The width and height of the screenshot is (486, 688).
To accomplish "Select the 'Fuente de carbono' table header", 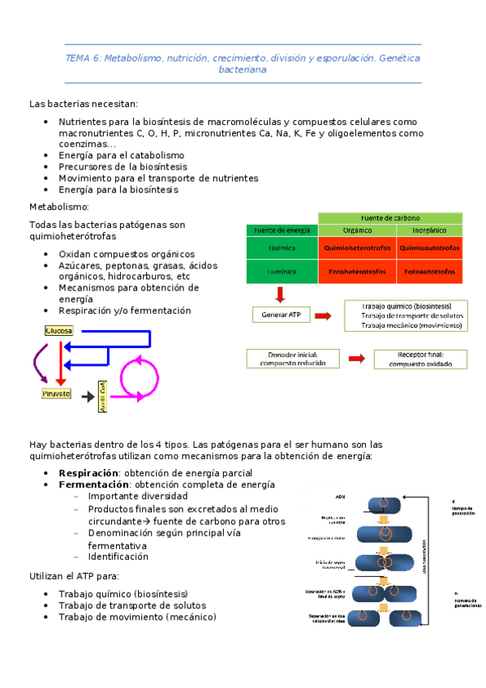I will pos(390,217).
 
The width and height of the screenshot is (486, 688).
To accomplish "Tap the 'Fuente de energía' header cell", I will pos(282,230).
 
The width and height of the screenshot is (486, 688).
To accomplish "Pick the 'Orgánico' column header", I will pos(356,230).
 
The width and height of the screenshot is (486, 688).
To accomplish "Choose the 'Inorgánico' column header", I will pos(428,230).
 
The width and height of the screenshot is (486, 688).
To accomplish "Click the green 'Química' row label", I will pos(282,247).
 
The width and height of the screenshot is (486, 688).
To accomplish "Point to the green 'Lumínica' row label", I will pos(282,272).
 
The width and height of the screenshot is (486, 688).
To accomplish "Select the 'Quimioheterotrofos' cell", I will pos(356,247).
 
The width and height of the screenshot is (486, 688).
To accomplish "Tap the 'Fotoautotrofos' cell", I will pos(428,272).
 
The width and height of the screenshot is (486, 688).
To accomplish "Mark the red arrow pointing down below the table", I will pos(280,293).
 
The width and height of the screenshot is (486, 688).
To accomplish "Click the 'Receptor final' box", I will pos(419,359).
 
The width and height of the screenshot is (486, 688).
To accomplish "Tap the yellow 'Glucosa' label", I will pos(59,331).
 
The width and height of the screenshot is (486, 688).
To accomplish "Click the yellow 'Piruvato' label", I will pos(56,393).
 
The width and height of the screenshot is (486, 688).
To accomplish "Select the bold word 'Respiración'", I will pos(88,472).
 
